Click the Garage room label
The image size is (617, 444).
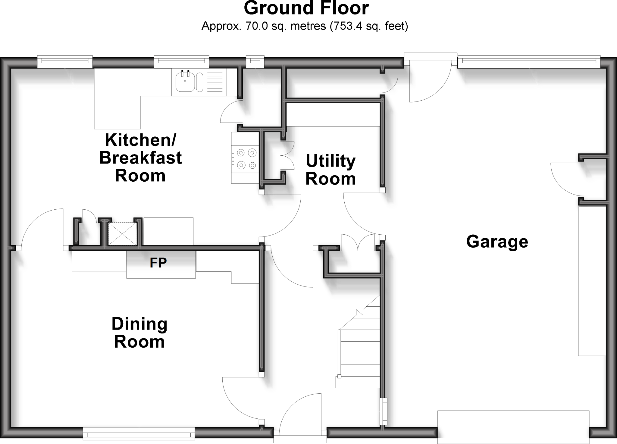pyautogui.click(x=497, y=242)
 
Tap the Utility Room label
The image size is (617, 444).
pyautogui.click(x=330, y=170)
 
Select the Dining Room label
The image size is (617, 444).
pyautogui.click(x=139, y=333)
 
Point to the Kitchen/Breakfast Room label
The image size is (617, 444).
pyautogui.click(x=140, y=158)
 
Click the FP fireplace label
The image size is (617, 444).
pyautogui.click(x=158, y=263)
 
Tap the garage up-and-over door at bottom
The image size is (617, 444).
pyautogui.click(x=513, y=426)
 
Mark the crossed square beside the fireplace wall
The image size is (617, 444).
pyautogui.click(x=122, y=234)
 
